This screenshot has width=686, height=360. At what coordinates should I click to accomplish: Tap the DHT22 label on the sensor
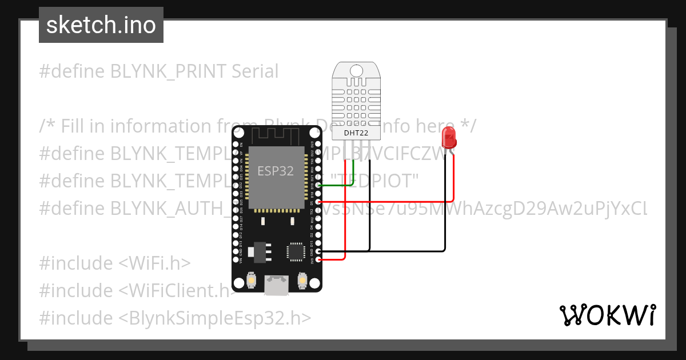point(356,133)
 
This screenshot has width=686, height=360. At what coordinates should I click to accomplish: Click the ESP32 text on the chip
point(276,170)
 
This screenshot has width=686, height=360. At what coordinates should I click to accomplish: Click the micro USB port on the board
point(276,285)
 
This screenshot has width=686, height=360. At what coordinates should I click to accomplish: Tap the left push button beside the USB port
point(251,281)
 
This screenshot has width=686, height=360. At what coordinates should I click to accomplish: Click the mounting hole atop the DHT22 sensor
point(356,70)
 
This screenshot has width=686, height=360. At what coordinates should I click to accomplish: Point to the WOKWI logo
point(607,315)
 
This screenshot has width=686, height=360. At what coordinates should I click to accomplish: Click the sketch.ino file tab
point(101,25)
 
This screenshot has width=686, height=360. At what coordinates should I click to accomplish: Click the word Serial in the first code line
point(255,71)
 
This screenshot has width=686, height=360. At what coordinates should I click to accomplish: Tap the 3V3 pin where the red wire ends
point(318,259)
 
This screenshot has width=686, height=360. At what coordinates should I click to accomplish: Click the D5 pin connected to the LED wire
point(318,202)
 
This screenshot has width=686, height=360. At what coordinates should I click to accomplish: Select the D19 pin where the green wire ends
point(318,186)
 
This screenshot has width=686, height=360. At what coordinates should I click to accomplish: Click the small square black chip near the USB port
point(296,251)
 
